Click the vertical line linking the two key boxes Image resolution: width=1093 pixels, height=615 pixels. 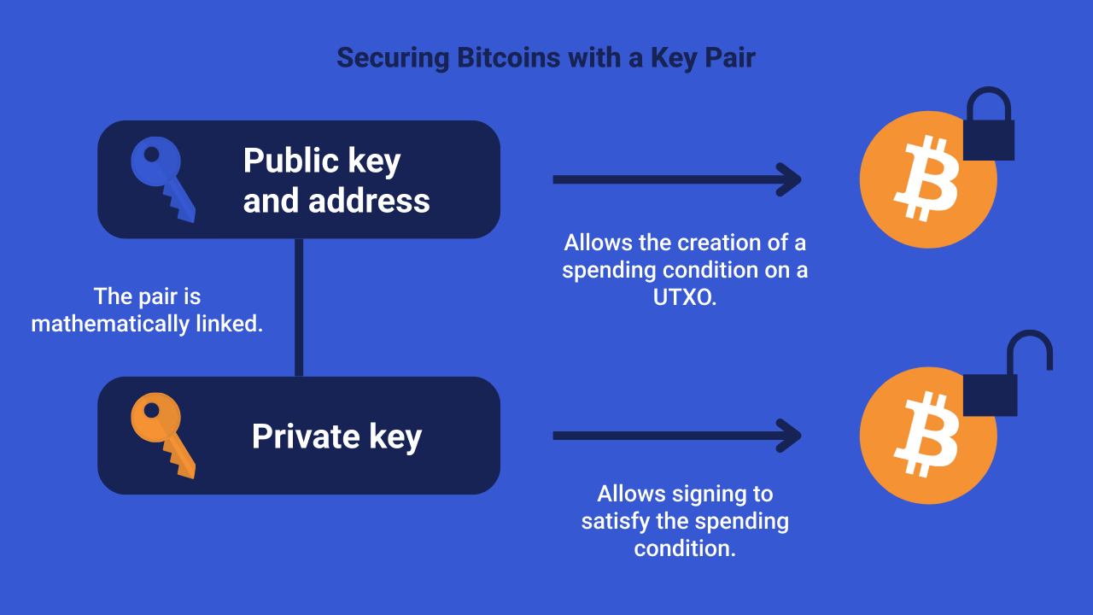tap(299, 307)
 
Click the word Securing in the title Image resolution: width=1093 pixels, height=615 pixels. tap(393, 58)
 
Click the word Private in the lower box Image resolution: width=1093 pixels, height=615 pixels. tap(295, 436)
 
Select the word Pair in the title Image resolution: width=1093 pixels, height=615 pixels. tap(727, 58)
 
